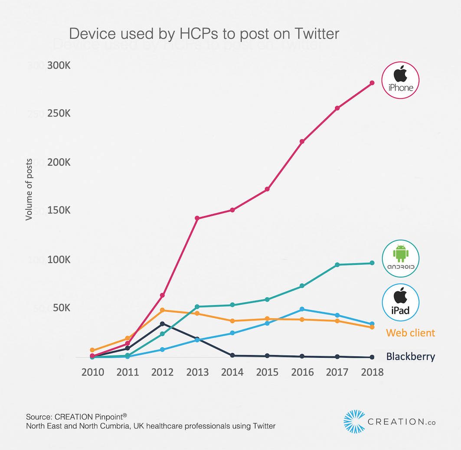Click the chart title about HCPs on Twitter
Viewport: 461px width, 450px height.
coord(204,34)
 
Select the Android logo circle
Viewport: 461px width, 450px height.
coord(400,258)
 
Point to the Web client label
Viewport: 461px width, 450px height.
coord(410,333)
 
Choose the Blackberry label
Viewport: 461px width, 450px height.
coord(410,356)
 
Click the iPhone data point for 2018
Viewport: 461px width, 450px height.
coord(372,83)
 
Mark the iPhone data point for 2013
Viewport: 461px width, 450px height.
coord(197,218)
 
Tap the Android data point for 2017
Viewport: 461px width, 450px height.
coord(337,265)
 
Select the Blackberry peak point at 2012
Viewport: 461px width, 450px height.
coord(162,324)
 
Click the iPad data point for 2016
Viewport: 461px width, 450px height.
coord(302,309)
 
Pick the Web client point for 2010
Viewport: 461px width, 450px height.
coord(92,350)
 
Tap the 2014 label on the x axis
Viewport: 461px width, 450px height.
coord(232,372)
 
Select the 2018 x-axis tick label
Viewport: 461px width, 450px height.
coord(372,372)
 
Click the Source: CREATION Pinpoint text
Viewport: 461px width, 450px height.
coord(76,416)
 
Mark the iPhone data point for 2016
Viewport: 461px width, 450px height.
coord(302,142)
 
